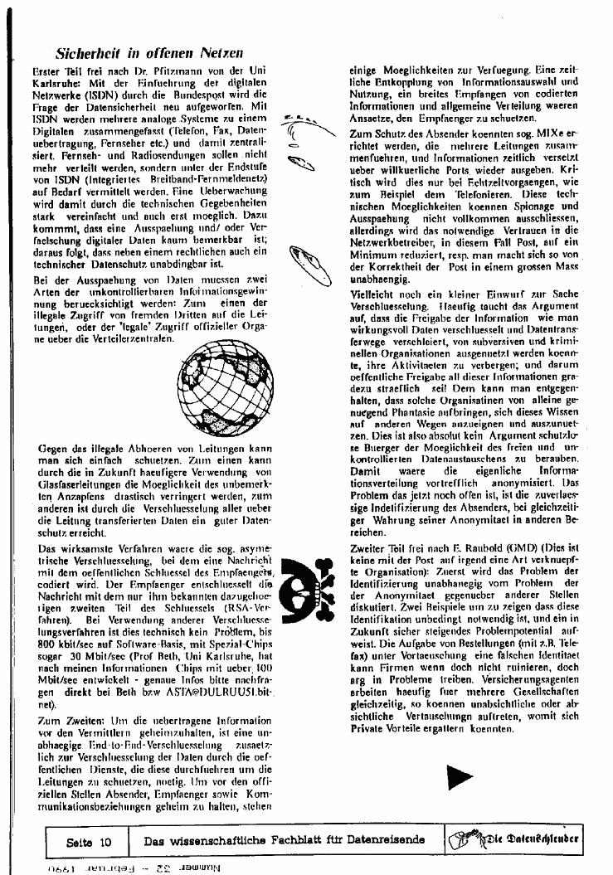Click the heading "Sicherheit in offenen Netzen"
(136, 54)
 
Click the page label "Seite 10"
(88, 841)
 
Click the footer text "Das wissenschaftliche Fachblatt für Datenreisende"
(285, 841)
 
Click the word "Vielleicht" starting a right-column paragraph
(374, 294)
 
